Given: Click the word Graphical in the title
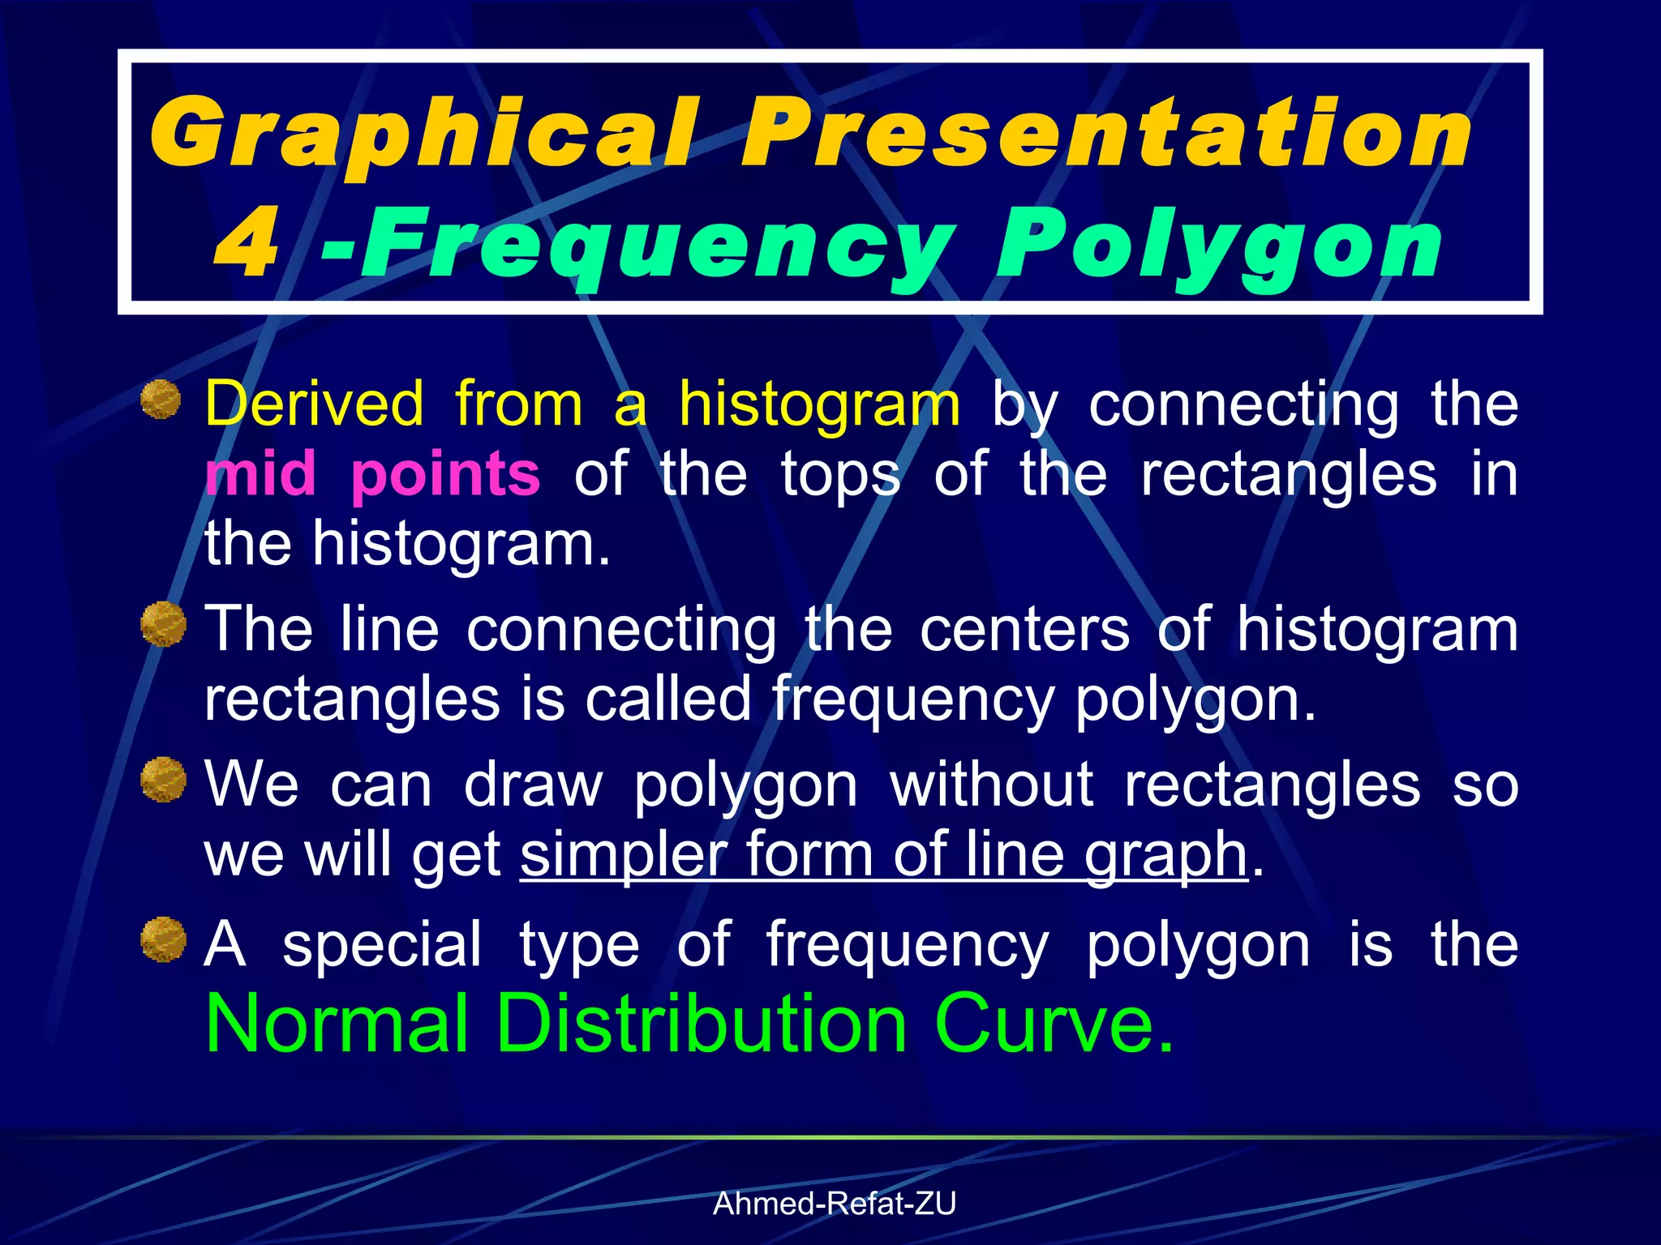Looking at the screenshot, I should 422,134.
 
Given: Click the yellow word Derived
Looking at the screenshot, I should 315,403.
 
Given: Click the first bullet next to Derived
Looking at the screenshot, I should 161,400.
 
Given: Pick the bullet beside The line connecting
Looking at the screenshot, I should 163,625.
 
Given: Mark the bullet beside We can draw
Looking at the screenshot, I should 163,780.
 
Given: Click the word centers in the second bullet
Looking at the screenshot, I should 1024,630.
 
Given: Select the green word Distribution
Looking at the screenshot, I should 702,1024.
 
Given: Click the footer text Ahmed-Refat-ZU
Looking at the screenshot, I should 835,1204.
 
